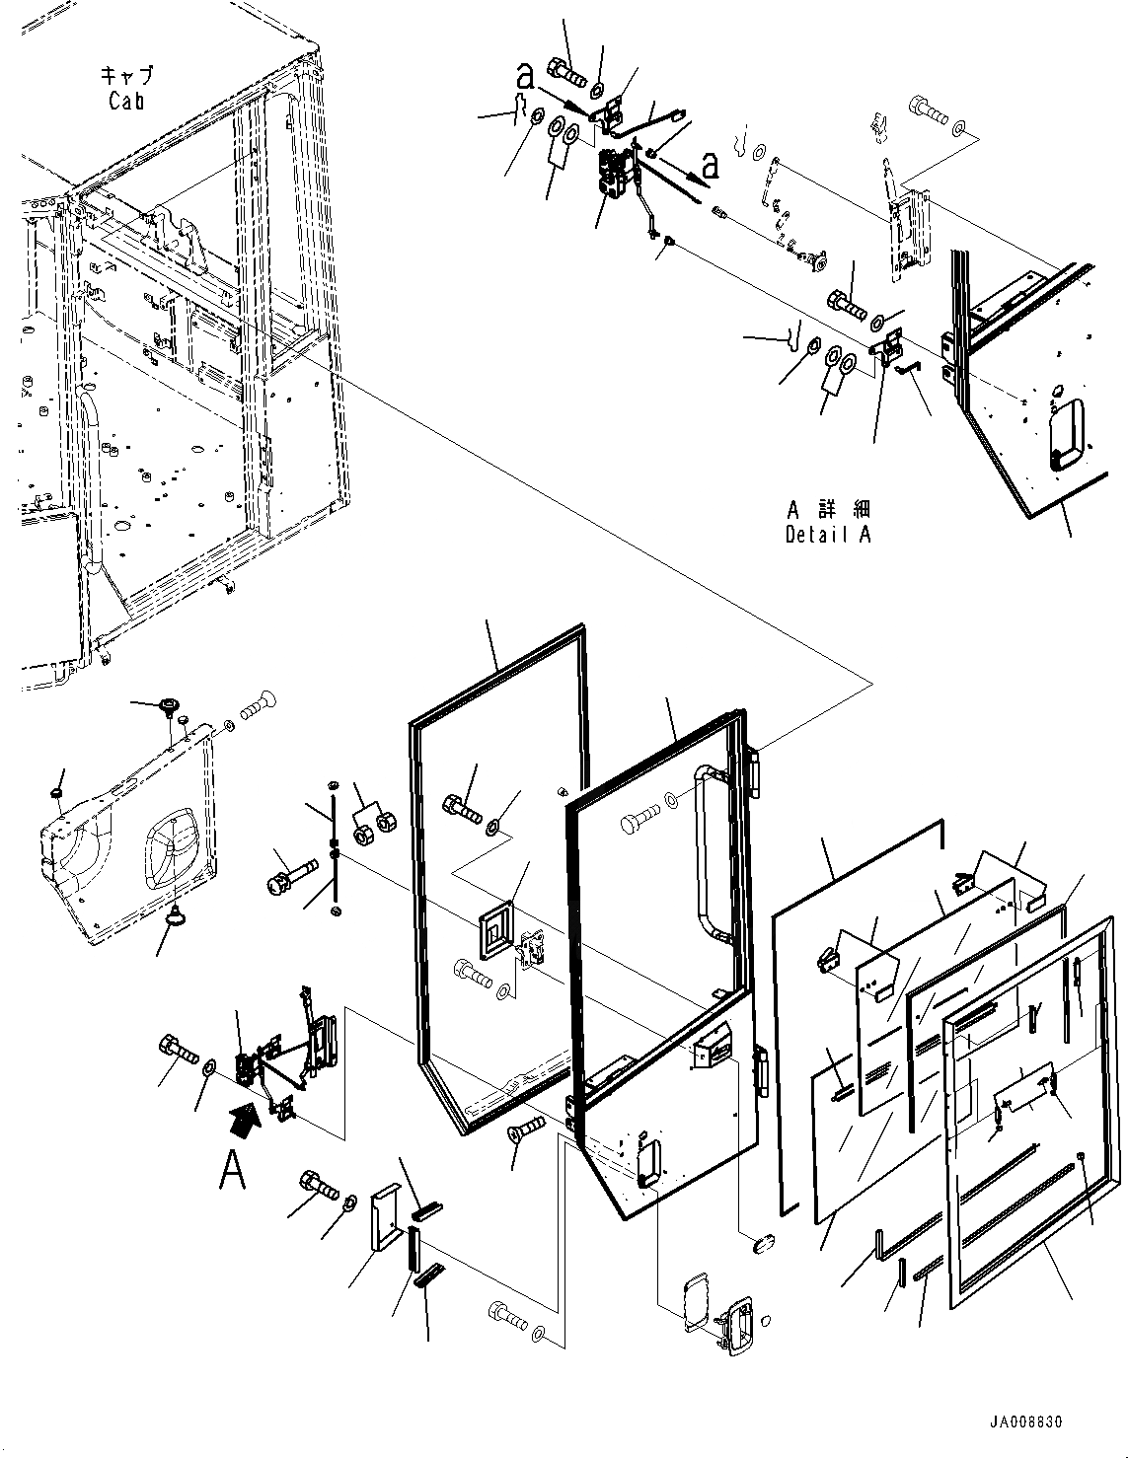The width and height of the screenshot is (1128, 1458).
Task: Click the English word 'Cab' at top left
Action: (126, 100)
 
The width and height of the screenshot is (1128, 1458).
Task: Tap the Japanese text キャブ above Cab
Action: (126, 76)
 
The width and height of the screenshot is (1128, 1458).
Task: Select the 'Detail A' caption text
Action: (828, 535)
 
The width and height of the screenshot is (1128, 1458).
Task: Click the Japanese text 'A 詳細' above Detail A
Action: (828, 510)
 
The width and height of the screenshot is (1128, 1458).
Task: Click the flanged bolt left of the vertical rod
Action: (288, 875)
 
